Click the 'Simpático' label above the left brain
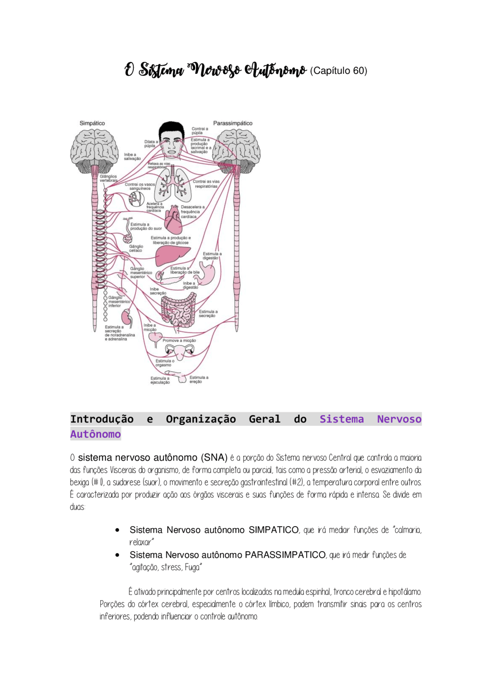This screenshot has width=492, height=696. [x=92, y=123]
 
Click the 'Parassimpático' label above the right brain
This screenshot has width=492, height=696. [x=233, y=123]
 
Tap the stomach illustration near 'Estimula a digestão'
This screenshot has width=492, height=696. [x=208, y=273]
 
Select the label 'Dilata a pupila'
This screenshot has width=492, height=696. [x=151, y=143]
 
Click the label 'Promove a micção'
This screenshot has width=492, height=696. [x=179, y=341]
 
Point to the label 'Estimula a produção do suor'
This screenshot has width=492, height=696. [x=145, y=226]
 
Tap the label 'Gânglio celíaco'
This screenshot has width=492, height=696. [x=136, y=248]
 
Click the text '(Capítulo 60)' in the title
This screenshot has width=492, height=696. [x=338, y=71]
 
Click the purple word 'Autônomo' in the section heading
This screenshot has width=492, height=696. [x=95, y=434]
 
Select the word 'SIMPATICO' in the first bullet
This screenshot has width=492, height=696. [x=273, y=530]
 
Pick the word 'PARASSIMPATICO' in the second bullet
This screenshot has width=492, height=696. [x=285, y=555]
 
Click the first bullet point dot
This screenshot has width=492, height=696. [x=118, y=530]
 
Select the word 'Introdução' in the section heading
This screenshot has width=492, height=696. [x=102, y=419]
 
